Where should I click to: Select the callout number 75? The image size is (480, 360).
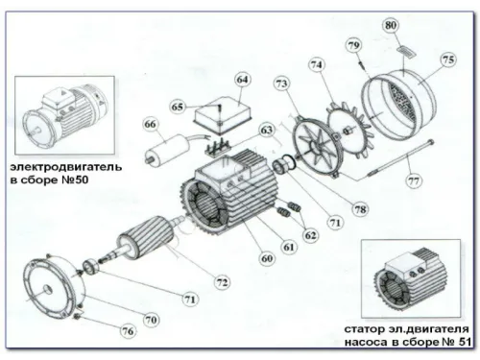448,59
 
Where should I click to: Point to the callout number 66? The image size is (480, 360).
150,124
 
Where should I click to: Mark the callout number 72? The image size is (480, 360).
222,282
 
